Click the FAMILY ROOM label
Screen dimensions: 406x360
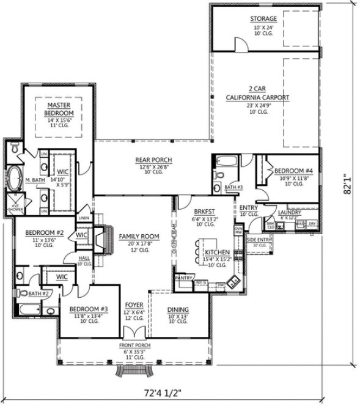pyautogui.click(x=139, y=236)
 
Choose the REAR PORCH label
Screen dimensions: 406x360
pyautogui.click(x=153, y=160)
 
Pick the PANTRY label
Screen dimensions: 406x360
pyautogui.click(x=183, y=278)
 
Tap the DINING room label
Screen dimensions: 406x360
pyautogui.click(x=178, y=309)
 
